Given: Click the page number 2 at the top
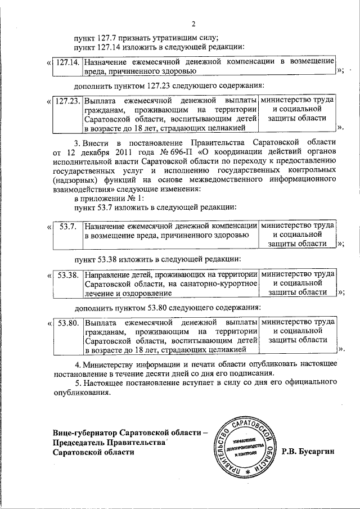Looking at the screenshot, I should [x=193, y=24].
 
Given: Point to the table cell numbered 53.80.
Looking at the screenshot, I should [x=67, y=324].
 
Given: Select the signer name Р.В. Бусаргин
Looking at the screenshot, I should [x=310, y=451].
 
